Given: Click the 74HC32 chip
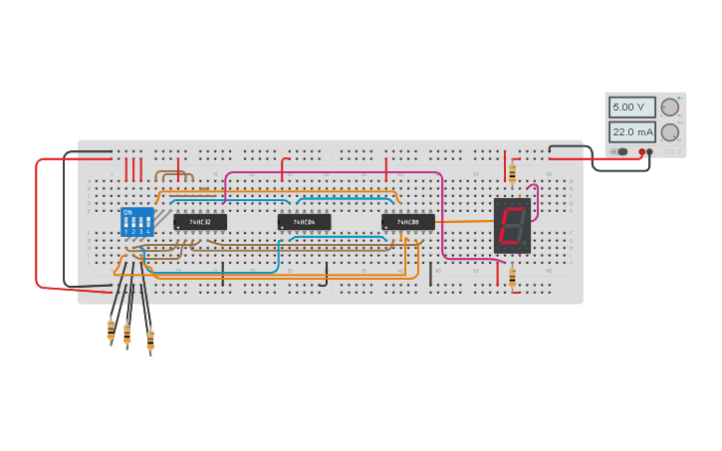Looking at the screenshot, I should point(200,222).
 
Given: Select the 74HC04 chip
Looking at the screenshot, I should point(304,222).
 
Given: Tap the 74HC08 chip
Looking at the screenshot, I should point(408,222).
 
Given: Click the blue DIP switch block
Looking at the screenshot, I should point(136,222).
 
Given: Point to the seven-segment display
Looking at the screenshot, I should point(512,225).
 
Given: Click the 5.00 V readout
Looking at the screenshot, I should point(632,107).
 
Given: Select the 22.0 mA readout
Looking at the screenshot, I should point(632,131).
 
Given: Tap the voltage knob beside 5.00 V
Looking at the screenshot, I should point(670,107).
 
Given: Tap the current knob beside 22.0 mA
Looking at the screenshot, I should point(670,131).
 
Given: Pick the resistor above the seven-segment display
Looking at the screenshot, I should point(512,173).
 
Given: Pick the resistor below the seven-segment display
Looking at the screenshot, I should point(512,276).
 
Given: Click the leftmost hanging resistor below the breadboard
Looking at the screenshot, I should point(111,330).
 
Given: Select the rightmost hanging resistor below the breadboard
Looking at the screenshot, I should point(150,340).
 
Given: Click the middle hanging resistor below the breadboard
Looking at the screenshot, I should point(127,335).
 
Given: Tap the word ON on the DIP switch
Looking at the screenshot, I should point(126,212).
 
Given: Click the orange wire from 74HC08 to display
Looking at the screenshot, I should point(463,221).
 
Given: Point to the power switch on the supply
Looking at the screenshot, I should point(621,152).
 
